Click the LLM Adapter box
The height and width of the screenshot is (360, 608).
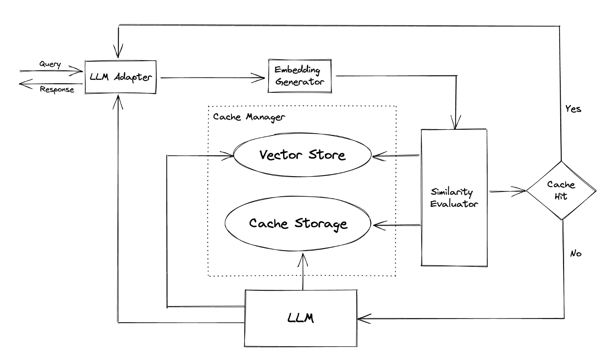tap(120, 77)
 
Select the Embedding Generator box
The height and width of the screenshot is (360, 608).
tap(300, 76)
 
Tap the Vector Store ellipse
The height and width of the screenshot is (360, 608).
tap(302, 155)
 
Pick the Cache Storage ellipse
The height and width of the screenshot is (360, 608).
tap(298, 223)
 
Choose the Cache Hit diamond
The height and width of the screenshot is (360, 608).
tap(561, 190)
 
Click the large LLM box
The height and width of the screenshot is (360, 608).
tap(301, 318)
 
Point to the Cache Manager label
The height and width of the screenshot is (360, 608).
tap(249, 117)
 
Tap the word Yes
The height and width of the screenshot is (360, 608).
tap(573, 109)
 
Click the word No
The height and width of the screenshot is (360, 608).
tap(576, 254)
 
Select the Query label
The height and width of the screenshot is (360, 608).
tap(50, 64)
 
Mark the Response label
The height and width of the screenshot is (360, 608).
tap(57, 89)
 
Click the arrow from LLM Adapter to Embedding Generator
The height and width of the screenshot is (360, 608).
tap(212, 78)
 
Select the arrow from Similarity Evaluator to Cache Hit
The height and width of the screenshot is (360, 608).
tap(507, 192)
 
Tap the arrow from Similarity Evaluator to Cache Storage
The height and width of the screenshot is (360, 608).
tap(397, 225)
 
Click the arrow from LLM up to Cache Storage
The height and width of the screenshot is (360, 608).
tap(303, 272)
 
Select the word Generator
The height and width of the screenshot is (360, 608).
tap(300, 82)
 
